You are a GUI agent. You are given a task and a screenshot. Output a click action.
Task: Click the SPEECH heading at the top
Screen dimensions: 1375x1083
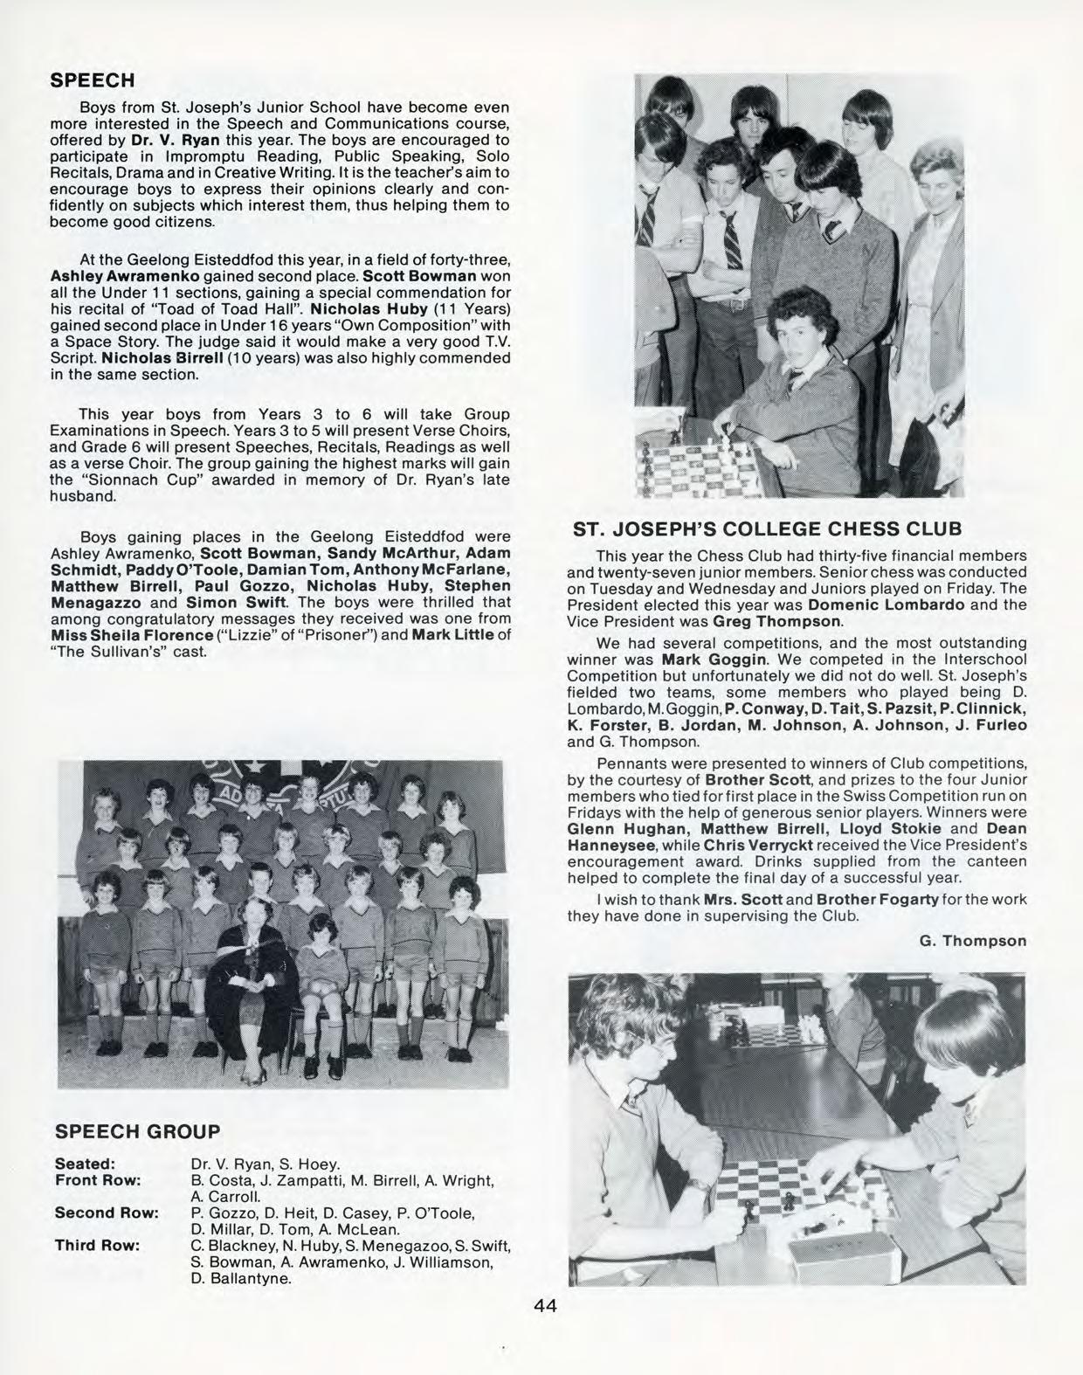pyautogui.click(x=94, y=80)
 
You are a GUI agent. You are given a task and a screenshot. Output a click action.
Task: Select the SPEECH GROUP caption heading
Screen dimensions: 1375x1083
pyautogui.click(x=137, y=1132)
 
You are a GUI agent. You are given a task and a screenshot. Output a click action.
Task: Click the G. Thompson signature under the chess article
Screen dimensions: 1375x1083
pyautogui.click(x=972, y=941)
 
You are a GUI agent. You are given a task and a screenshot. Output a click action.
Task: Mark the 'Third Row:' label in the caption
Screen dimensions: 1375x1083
pyautogui.click(x=97, y=1246)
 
